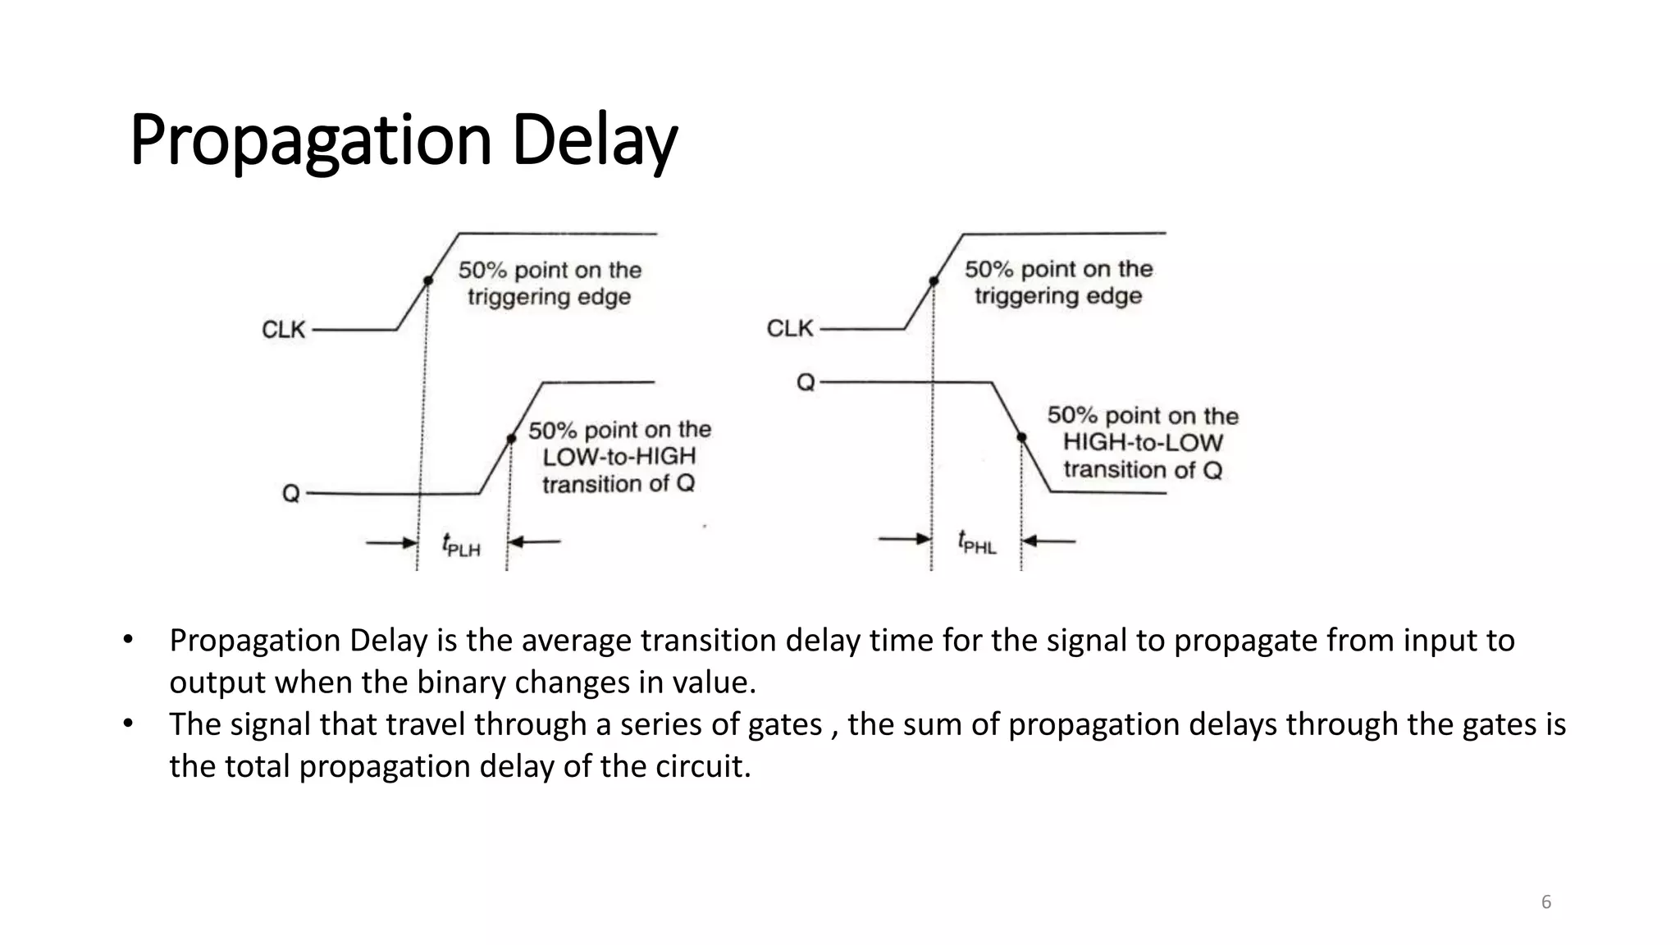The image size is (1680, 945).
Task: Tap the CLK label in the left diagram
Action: coord(283,330)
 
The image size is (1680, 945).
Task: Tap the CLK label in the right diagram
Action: coord(789,329)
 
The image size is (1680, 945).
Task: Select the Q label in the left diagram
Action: coord(291,494)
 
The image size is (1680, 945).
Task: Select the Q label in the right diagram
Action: coord(806,383)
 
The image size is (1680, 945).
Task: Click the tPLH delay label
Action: coord(461,545)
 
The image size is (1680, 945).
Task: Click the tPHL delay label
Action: coord(976,542)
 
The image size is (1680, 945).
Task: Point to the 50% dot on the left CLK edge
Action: coord(427,281)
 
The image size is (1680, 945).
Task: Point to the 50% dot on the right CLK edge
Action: coord(934,281)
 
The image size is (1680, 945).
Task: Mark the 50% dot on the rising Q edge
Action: coord(511,439)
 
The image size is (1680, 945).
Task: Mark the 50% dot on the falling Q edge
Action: coord(1022,438)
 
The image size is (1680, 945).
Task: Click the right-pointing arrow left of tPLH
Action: coord(392,542)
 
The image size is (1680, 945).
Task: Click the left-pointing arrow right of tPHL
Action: coord(1049,541)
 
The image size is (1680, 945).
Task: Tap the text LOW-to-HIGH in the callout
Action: coord(619,457)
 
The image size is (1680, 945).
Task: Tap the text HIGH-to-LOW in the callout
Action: coord(1143,443)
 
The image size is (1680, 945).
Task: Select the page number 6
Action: coord(1546,902)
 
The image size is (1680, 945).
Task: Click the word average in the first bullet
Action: coord(577,641)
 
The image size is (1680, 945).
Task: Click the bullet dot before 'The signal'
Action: coord(128,724)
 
